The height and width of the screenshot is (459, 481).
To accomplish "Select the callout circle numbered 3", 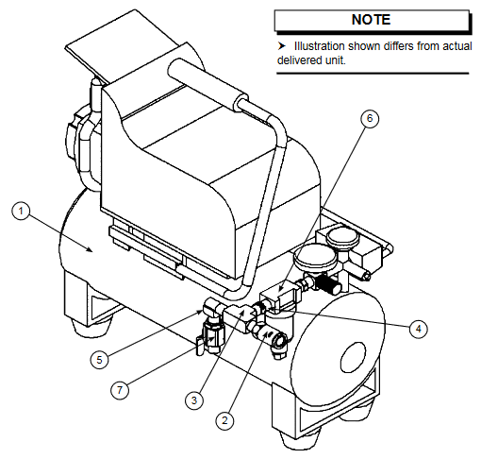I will click(x=192, y=400).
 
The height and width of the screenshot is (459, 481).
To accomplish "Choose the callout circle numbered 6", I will click(x=371, y=118).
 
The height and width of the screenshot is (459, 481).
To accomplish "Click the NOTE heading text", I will click(x=371, y=19).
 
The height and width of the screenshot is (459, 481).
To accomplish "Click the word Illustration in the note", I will click(x=322, y=45).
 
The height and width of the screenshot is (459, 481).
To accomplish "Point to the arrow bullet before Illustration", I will click(x=281, y=45).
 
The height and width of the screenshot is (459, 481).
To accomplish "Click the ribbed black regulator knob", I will click(x=327, y=280).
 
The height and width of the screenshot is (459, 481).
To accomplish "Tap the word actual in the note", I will click(x=451, y=45).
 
